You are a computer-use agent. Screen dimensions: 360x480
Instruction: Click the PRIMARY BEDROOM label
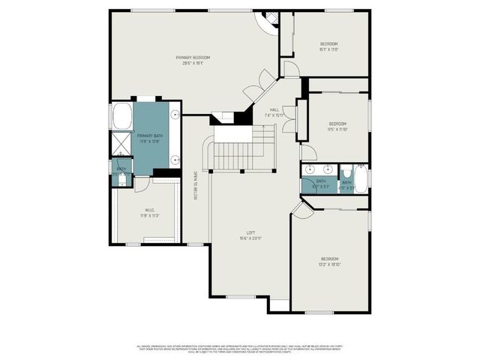(x=193, y=60)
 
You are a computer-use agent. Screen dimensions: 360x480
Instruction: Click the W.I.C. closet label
(x=150, y=212)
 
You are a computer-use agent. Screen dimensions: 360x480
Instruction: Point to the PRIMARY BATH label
(x=150, y=138)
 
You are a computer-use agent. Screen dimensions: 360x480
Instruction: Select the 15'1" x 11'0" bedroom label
(x=328, y=46)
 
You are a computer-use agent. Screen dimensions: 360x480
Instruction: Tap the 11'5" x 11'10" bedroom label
(x=337, y=126)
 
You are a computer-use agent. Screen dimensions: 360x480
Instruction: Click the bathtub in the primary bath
(x=121, y=117)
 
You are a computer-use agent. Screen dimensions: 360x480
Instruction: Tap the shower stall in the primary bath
(x=121, y=144)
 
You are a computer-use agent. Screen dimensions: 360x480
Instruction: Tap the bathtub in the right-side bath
(x=361, y=179)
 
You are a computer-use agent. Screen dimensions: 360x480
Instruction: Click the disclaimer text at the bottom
(x=240, y=349)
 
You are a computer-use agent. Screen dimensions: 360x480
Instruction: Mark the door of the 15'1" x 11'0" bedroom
(x=291, y=70)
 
